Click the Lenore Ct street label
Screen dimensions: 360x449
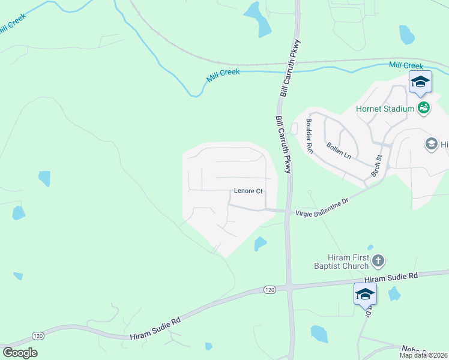pyautogui.click(x=248, y=191)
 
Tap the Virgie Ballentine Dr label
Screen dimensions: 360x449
pyautogui.click(x=322, y=208)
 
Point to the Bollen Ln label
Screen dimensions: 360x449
pyautogui.click(x=339, y=149)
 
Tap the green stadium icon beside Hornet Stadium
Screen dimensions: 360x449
pyautogui.click(x=424, y=108)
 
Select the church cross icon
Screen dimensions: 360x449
pyautogui.click(x=378, y=260)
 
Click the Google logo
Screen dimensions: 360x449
pyautogui.click(x=20, y=353)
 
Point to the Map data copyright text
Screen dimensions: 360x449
pyautogui.click(x=424, y=355)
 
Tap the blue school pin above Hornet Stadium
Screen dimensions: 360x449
pyautogui.click(x=420, y=82)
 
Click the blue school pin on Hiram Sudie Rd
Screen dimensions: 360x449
pyautogui.click(x=365, y=294)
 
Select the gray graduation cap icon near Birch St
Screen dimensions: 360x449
pyautogui.click(x=431, y=143)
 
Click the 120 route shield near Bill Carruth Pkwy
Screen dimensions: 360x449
pyautogui.click(x=270, y=290)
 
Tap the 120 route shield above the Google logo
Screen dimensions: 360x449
pyautogui.click(x=38, y=335)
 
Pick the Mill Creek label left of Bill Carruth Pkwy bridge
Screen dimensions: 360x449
pyautogui.click(x=223, y=73)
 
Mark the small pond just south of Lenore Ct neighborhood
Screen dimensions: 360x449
pyautogui.click(x=260, y=243)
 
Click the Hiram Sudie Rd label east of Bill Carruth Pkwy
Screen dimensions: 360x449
pyautogui.click(x=391, y=277)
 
